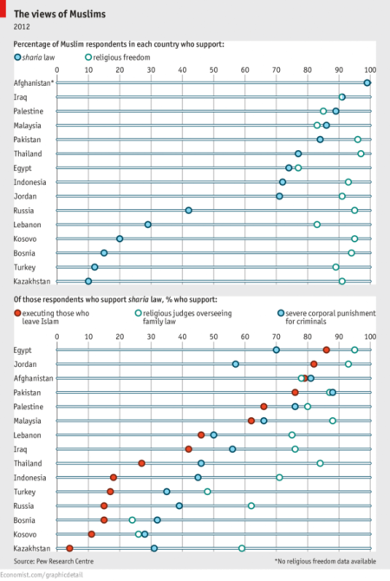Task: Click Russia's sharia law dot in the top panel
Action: coord(188,210)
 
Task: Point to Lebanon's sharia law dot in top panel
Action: coord(148,224)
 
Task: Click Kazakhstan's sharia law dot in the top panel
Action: coord(88,281)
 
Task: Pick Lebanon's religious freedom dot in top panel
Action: coord(317,224)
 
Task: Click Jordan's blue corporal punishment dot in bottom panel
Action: coord(236,364)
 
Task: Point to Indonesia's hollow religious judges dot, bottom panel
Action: coord(279,477)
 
